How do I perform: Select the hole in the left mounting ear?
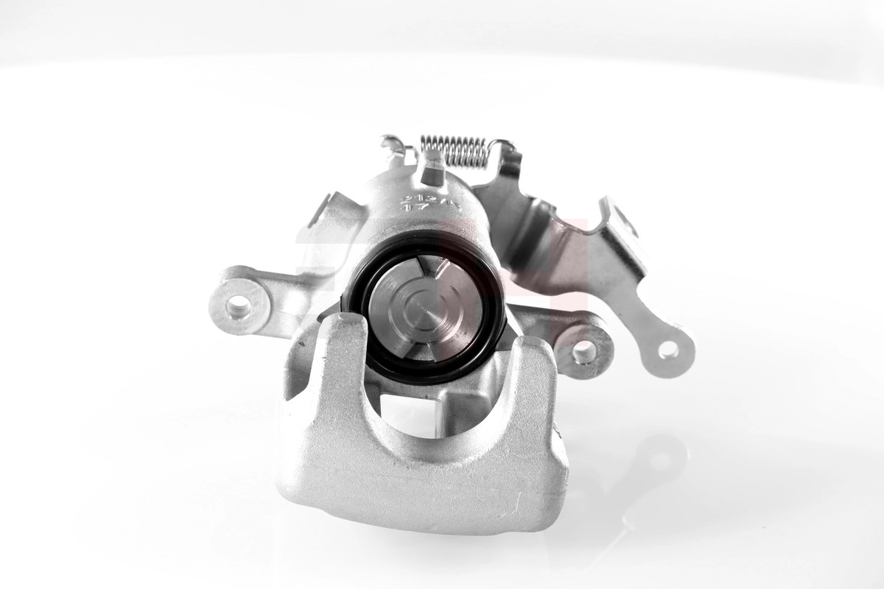[237, 305]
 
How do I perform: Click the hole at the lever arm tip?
[669, 350]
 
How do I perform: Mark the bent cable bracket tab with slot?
[619, 221]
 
